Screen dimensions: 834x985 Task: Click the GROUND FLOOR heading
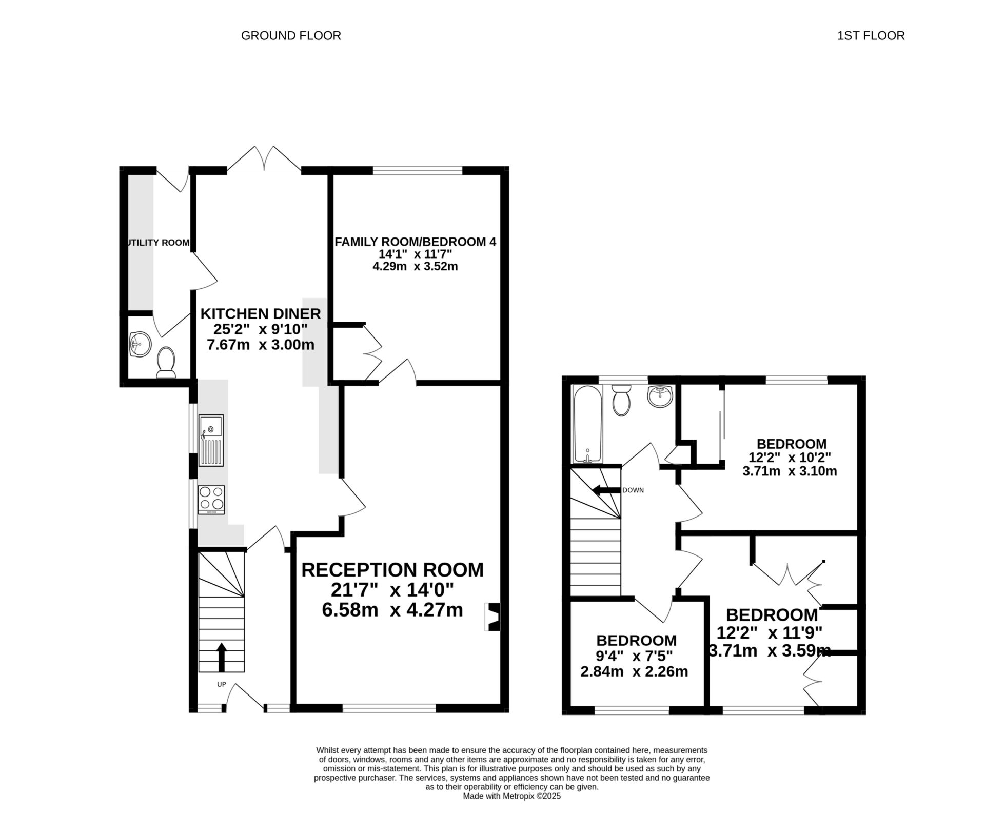tap(291, 36)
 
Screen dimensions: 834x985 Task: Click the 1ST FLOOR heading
tap(871, 36)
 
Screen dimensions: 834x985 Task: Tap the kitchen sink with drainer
tap(211, 440)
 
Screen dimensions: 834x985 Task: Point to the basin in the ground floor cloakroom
tap(140, 344)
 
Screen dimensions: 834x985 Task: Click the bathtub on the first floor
tap(588, 425)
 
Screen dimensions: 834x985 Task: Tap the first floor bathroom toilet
tap(621, 400)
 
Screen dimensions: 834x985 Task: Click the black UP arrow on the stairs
tap(222, 657)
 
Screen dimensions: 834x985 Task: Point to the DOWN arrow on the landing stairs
tap(605, 490)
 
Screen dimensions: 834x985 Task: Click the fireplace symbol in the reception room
tap(493, 617)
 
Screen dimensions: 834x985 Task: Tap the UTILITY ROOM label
tap(158, 243)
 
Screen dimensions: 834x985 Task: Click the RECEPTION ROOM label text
tap(392, 570)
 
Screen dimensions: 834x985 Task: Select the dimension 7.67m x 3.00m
tap(260, 345)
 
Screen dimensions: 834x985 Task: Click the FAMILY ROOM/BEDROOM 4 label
tap(415, 242)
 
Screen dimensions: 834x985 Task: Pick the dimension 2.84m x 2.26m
tap(634, 671)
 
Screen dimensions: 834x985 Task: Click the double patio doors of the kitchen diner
tap(264, 159)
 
